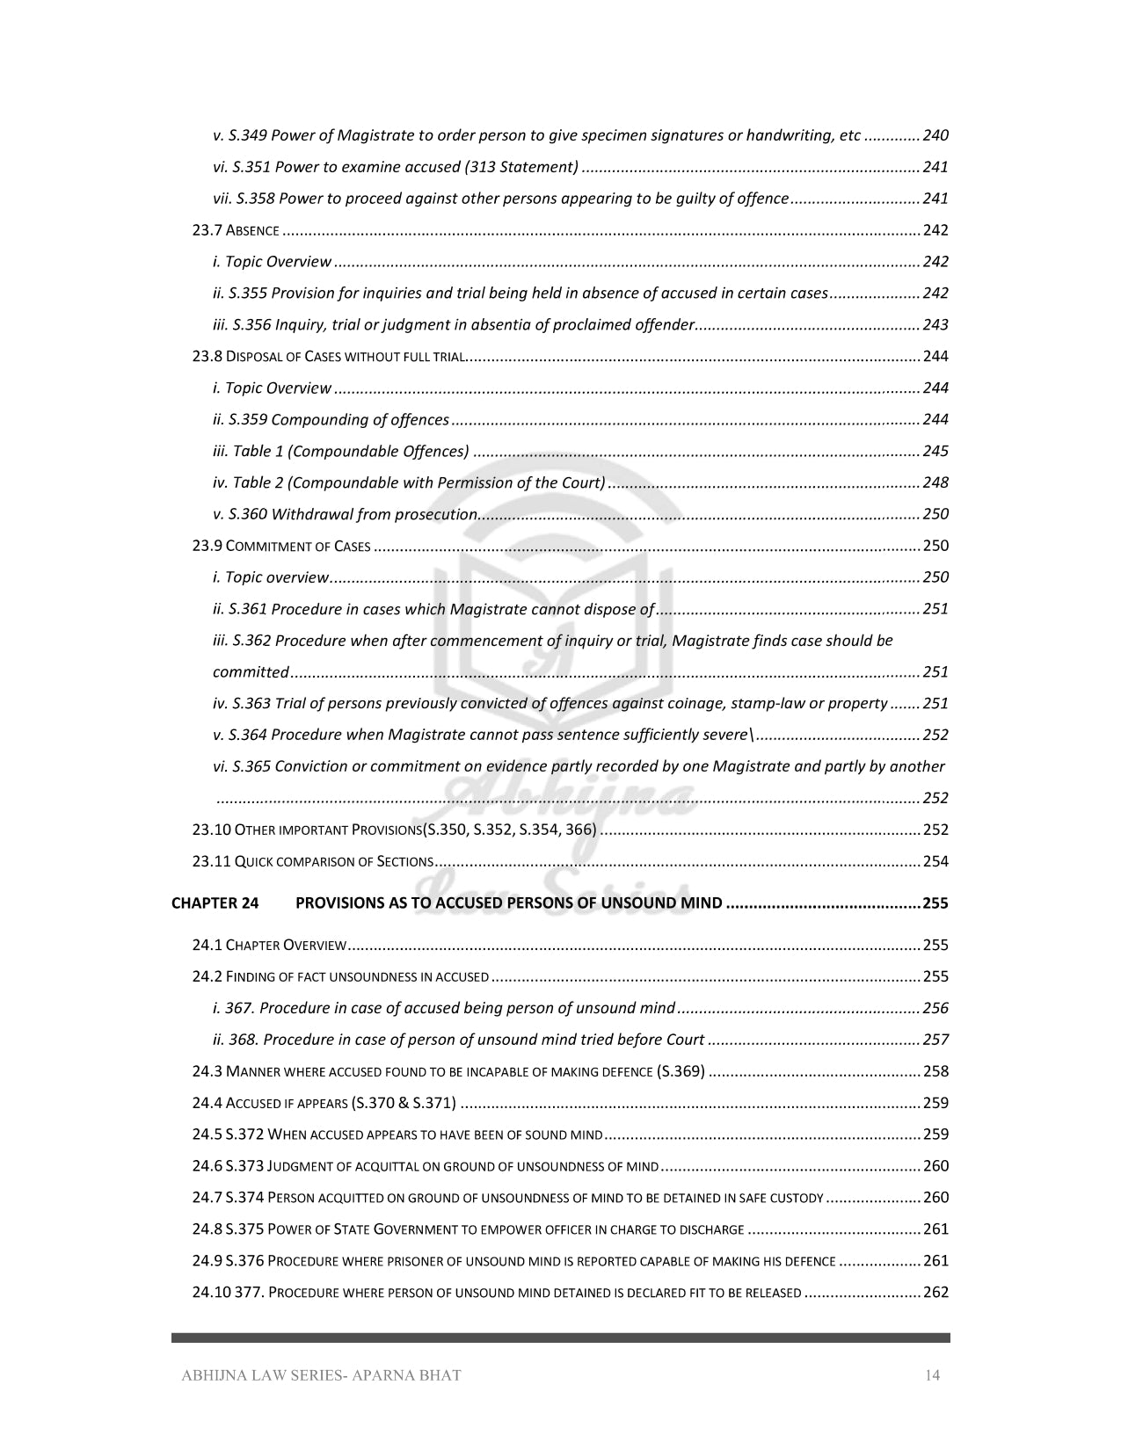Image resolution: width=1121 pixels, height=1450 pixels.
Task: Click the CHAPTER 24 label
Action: [x=215, y=903]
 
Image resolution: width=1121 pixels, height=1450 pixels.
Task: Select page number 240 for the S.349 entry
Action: [x=935, y=135]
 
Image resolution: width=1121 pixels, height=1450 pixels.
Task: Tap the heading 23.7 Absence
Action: [x=236, y=230]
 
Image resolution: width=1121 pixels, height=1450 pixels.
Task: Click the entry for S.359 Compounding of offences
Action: [x=331, y=420]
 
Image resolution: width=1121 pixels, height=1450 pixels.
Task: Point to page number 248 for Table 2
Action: [x=935, y=482]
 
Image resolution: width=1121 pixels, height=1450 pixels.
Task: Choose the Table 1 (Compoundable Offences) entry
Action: [x=340, y=452]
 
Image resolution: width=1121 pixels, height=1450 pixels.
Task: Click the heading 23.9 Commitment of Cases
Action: [x=281, y=546]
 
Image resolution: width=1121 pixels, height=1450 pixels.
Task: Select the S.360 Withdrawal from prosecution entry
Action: [x=345, y=514]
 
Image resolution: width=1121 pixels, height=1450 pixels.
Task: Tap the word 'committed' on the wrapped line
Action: [x=251, y=672]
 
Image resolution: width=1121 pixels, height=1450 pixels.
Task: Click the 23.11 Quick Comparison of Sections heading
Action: [x=312, y=861]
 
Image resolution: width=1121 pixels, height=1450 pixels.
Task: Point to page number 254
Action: [x=935, y=861]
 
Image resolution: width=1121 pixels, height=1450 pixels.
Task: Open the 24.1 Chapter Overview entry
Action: [x=269, y=946]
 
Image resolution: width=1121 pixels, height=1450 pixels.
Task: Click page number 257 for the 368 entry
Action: [x=935, y=1040]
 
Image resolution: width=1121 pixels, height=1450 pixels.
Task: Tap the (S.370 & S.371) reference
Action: [x=403, y=1103]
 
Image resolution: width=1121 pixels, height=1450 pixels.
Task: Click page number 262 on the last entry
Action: [x=935, y=1293]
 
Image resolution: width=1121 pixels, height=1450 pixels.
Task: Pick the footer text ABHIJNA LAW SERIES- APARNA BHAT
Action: [x=321, y=1375]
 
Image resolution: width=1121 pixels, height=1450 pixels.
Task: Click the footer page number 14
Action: [x=932, y=1375]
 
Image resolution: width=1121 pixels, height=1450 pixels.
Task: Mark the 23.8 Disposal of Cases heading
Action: [x=328, y=357]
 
